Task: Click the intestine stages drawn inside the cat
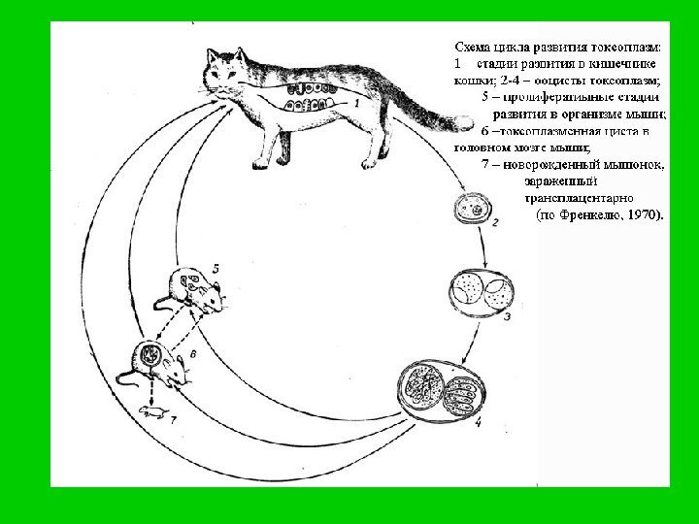tap(307, 97)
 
